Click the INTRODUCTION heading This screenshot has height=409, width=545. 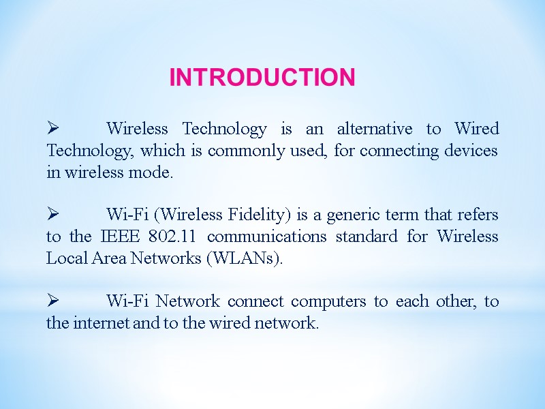coord(262,77)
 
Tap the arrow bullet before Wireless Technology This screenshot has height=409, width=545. coord(54,128)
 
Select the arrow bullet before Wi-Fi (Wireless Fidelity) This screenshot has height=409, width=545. coord(54,215)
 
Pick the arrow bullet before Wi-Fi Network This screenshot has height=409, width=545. coord(54,301)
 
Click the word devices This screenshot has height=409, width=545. coord(472,151)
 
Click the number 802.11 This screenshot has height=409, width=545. coord(179,237)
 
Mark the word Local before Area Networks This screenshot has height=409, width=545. coord(65,258)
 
